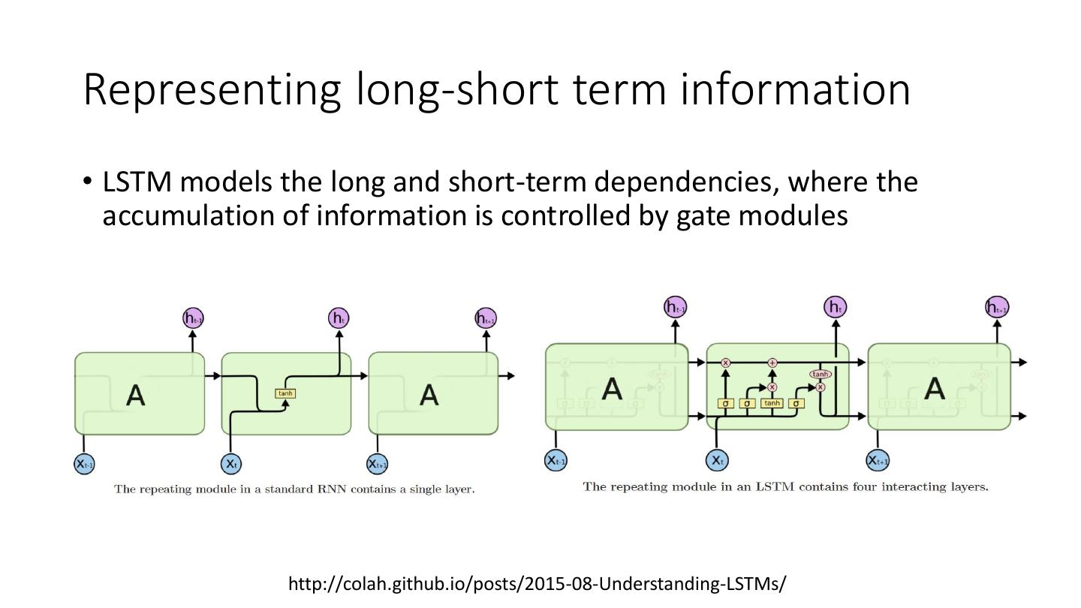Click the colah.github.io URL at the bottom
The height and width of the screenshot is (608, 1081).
click(x=537, y=583)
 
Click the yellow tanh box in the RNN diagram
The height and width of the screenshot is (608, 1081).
click(x=286, y=393)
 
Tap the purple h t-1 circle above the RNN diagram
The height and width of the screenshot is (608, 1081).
click(x=194, y=318)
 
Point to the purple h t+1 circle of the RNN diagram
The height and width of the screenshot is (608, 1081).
click(x=486, y=318)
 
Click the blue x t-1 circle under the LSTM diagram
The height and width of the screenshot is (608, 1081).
click(x=556, y=460)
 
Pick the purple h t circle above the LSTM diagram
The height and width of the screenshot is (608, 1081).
click(x=835, y=307)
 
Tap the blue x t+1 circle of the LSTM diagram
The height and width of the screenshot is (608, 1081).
click(x=878, y=460)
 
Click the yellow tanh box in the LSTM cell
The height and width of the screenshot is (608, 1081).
click(x=772, y=403)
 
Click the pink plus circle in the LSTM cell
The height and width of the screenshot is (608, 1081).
click(x=772, y=363)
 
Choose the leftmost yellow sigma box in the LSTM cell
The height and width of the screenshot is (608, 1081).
click(x=726, y=403)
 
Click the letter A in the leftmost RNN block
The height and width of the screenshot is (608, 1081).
click(x=136, y=394)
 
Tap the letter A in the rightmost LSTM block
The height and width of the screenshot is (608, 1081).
click(x=935, y=388)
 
